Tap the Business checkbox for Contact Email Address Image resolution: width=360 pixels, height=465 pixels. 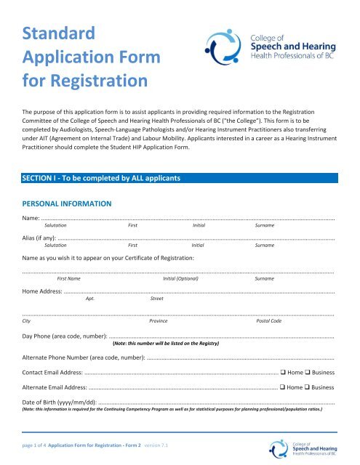309,373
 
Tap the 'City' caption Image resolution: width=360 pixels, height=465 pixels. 27,320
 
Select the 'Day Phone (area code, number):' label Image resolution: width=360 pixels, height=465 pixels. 66,337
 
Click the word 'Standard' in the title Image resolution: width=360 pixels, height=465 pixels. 59,33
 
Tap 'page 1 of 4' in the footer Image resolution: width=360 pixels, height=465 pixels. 36,443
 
